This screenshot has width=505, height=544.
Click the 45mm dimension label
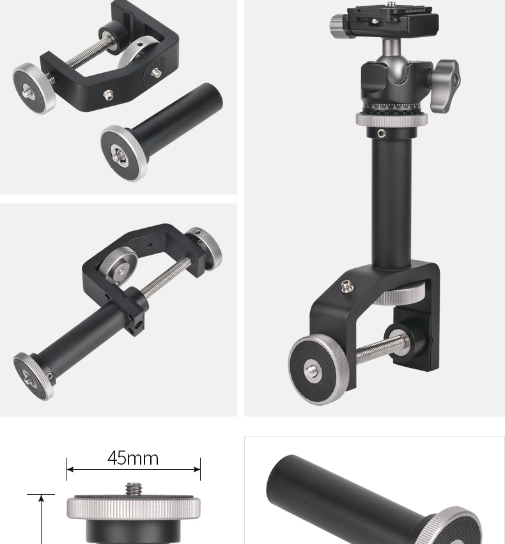click(x=133, y=458)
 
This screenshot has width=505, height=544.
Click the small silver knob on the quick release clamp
click(x=339, y=24)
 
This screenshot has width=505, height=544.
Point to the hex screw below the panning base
click(x=381, y=132)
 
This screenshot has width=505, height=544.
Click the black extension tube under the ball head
click(x=392, y=201)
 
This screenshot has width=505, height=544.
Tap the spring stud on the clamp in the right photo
click(x=345, y=287)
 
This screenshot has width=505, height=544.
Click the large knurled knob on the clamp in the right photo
click(x=318, y=370)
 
